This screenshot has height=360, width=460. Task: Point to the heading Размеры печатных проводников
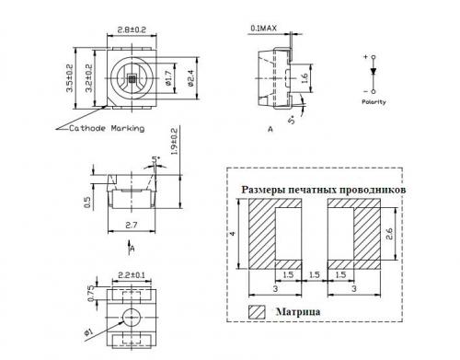tap(323, 189)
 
